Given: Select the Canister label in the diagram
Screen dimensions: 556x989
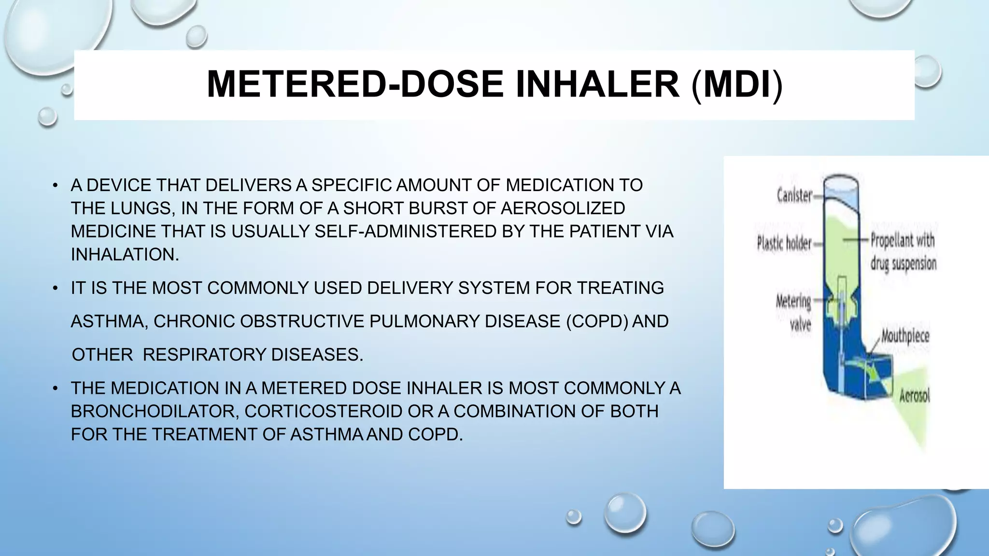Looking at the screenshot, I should [x=794, y=195].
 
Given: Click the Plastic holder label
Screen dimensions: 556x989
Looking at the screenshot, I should [x=784, y=243].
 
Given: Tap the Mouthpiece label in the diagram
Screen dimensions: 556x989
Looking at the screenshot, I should [x=905, y=336].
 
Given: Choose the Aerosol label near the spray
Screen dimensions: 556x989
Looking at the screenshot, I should [x=914, y=396].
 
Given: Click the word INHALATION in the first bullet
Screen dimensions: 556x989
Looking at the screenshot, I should [x=125, y=254].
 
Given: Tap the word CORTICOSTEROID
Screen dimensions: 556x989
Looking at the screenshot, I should [x=323, y=411].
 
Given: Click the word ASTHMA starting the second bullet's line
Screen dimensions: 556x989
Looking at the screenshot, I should [x=109, y=321].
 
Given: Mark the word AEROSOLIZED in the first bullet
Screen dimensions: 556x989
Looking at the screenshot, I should [x=563, y=208].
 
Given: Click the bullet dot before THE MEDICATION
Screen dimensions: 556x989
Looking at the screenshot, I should [x=56, y=389].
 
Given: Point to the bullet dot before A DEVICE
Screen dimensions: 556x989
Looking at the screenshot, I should [x=56, y=185].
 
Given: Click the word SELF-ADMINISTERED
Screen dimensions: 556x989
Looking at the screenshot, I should [x=406, y=231].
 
